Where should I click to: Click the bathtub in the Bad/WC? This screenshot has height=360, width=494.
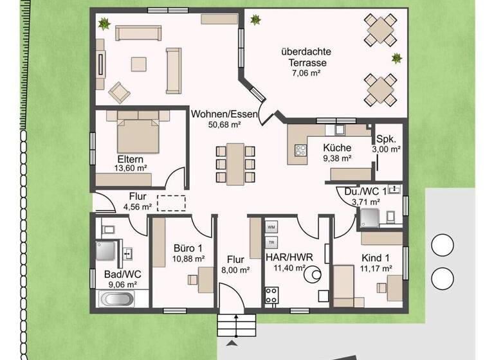point(116,299)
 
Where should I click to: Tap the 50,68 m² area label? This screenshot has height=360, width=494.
point(224,126)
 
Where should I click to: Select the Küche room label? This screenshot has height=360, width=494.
point(337,147)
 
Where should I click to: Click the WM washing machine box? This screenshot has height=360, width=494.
point(271,228)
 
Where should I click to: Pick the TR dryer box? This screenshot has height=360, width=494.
point(271,242)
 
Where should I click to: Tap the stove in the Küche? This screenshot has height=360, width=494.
point(300,151)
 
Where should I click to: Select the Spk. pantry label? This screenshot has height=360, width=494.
point(387,138)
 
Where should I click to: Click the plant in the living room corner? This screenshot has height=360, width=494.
point(103,24)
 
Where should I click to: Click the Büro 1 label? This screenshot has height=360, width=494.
point(189,248)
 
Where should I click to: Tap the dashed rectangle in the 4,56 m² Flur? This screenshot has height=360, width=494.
point(171,202)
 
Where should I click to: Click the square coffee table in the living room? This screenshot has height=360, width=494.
point(139,64)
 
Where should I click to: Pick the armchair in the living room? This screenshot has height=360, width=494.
point(120,92)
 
